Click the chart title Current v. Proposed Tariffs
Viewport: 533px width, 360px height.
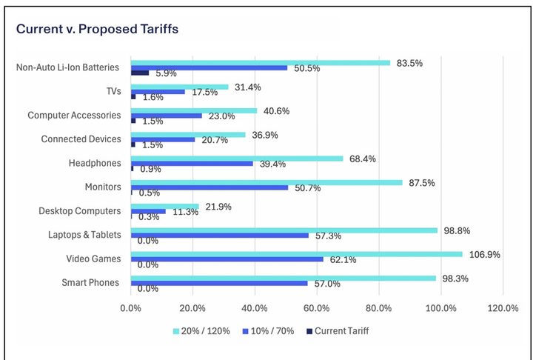pos(97,29)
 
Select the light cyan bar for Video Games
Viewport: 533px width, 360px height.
pos(296,254)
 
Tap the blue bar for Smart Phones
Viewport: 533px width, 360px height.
pos(219,283)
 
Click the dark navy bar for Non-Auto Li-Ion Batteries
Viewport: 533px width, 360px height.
pos(140,73)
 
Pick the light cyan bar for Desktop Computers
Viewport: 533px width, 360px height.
pos(165,207)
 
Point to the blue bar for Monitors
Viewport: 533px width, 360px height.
pos(209,187)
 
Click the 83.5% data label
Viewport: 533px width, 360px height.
pos(409,63)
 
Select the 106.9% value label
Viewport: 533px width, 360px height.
pos(483,254)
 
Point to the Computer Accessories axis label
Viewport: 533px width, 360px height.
pos(73,116)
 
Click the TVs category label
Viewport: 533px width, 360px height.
pos(110,91)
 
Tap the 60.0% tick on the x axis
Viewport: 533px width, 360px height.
pos(317,308)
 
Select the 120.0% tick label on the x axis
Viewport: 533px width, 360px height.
pos(503,308)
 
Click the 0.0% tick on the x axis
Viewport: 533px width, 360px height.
pos(131,308)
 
